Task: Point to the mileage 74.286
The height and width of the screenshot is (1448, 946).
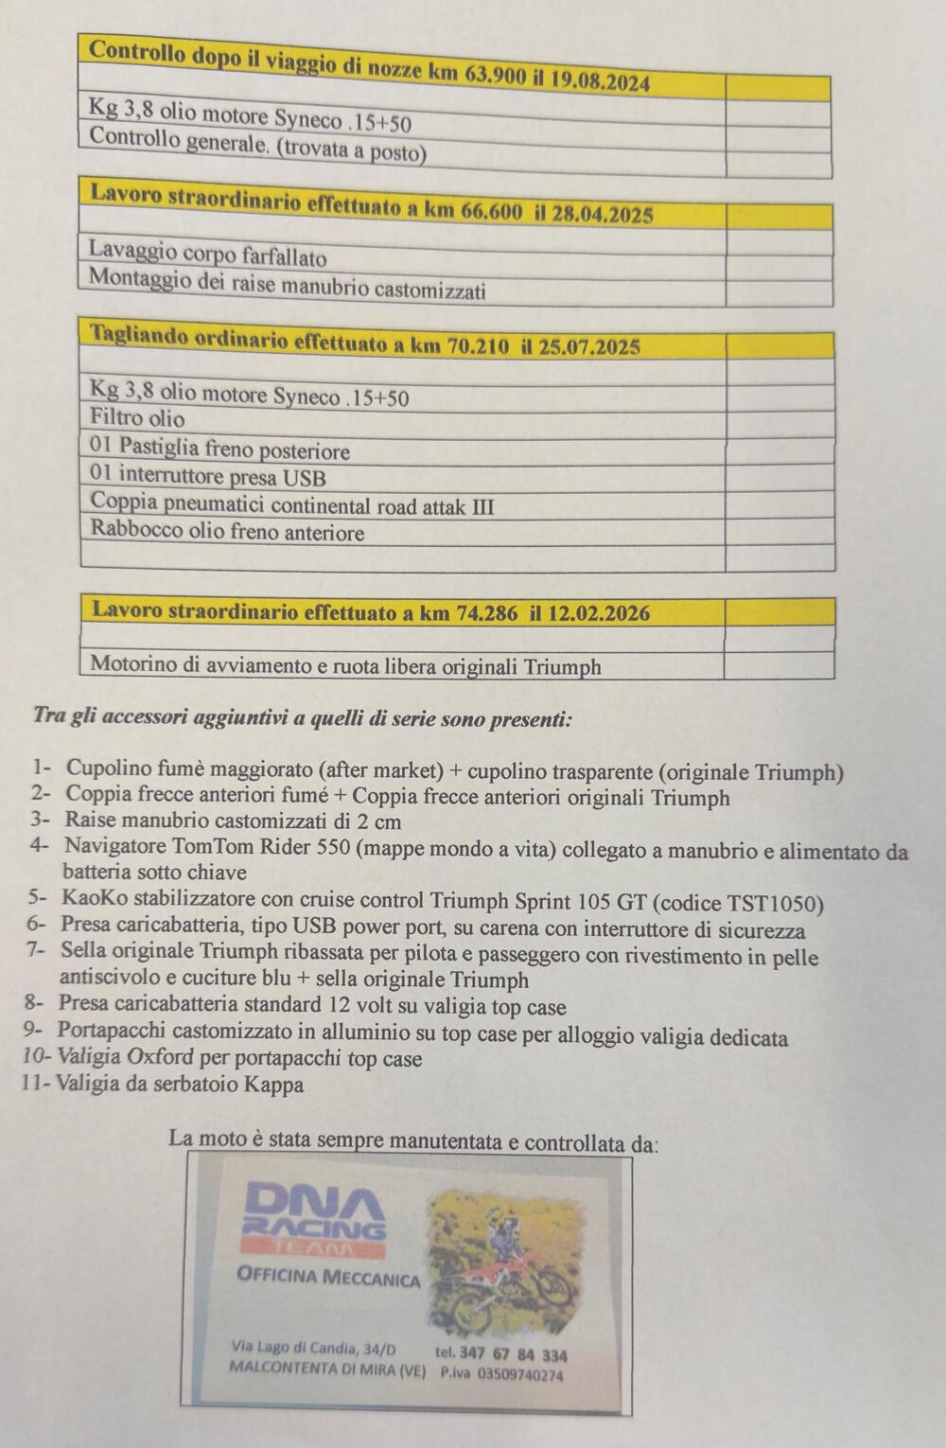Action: click(487, 613)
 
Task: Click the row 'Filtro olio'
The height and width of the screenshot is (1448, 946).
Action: click(138, 418)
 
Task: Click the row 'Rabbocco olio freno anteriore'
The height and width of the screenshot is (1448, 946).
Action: click(227, 533)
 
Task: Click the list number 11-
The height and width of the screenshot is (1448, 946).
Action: click(36, 1084)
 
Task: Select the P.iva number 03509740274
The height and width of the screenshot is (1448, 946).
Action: click(519, 1374)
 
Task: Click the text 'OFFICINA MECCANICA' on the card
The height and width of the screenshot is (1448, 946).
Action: click(328, 1278)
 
